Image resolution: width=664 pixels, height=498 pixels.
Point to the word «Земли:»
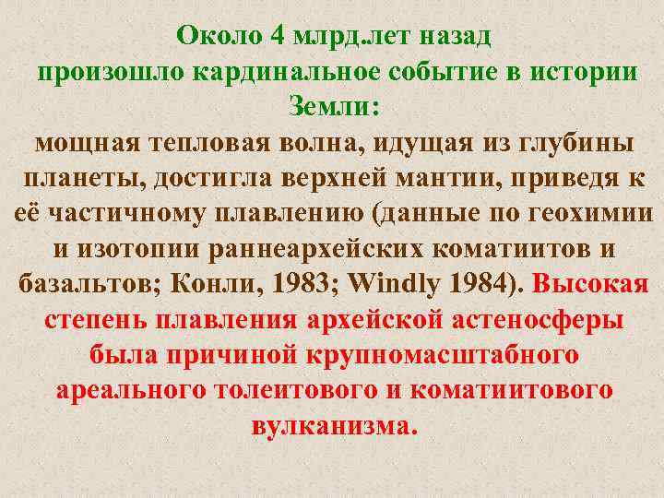point(333,107)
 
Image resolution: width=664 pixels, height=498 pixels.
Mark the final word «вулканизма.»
point(334,425)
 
